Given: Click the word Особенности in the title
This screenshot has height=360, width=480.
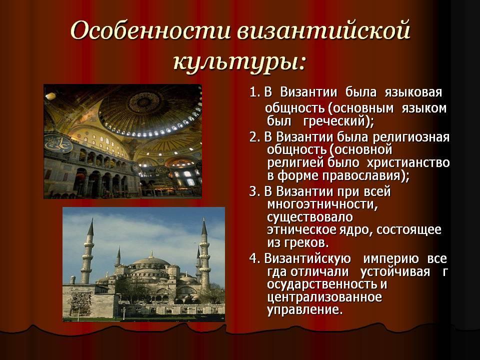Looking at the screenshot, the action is point(150,31).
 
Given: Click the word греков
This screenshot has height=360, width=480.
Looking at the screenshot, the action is point(304,243).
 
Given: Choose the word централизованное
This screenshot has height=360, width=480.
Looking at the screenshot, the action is point(324,297).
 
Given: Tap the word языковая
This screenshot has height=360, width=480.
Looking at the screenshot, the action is point(413,92).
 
